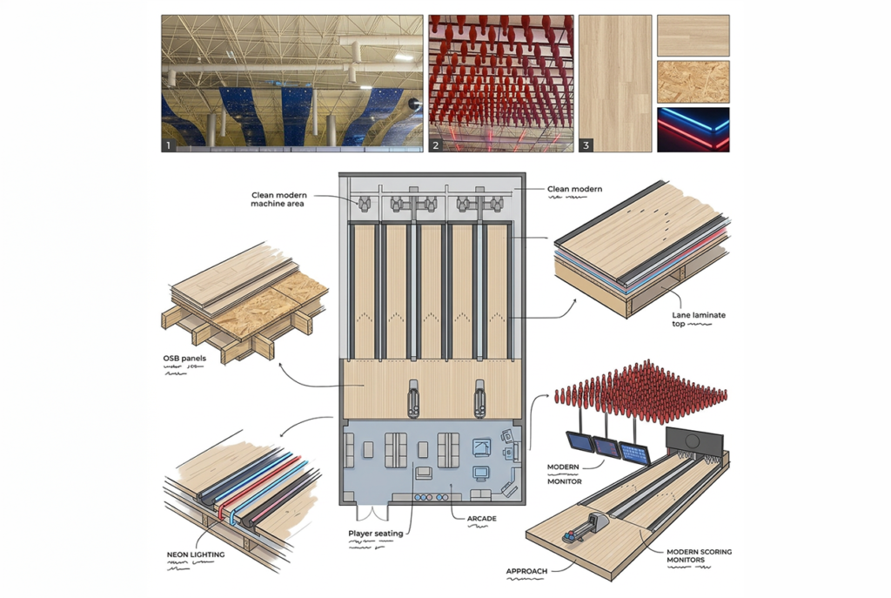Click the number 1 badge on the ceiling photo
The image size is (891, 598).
[x=169, y=145]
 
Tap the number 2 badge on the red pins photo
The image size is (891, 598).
[x=436, y=145]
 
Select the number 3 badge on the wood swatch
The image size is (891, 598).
[x=586, y=145]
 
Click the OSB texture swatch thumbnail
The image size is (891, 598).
[x=693, y=82]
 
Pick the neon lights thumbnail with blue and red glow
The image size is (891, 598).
[x=693, y=130]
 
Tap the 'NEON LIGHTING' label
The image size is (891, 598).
[x=195, y=554]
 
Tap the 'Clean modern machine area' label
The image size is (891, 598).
[x=278, y=199]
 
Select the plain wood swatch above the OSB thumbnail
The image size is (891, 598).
[x=693, y=36]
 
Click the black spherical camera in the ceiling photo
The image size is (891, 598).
[x=413, y=104]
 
